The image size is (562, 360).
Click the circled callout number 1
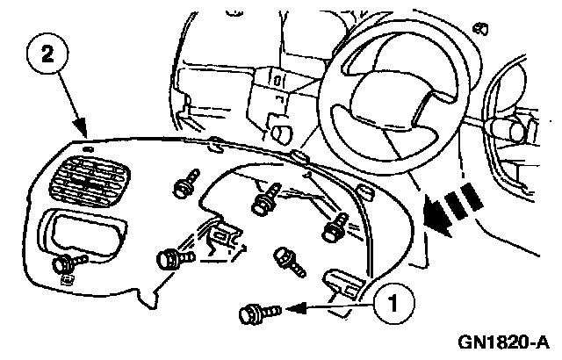coord(393,305)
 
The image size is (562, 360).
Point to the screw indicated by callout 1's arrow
coord(256,310)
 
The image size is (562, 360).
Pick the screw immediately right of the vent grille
coord(184,186)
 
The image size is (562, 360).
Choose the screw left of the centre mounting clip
coord(169,260)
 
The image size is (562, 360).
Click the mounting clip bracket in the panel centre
coord(226,238)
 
